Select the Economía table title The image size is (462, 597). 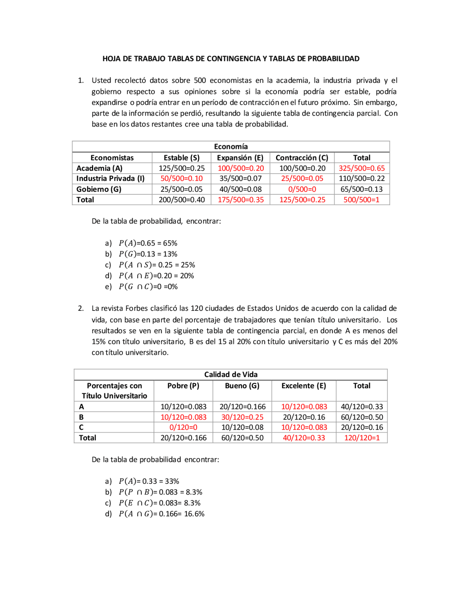click(x=231, y=146)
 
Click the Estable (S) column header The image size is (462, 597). click(x=182, y=158)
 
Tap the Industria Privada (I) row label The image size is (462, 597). click(x=110, y=178)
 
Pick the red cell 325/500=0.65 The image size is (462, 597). click(x=361, y=168)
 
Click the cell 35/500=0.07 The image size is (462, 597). click(x=240, y=178)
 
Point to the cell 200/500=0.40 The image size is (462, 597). click(x=182, y=200)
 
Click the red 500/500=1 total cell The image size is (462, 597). click(x=361, y=200)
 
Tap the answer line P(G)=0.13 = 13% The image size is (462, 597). click(x=148, y=254)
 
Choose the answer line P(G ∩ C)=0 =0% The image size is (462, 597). click(x=148, y=287)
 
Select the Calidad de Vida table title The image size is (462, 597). click(x=231, y=374)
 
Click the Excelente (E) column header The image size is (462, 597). click(x=304, y=386)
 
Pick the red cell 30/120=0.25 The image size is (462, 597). click(x=242, y=417)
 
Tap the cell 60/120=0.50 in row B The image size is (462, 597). click(x=362, y=417)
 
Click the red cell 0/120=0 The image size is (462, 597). click(x=183, y=427)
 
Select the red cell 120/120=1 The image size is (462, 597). click(x=362, y=438)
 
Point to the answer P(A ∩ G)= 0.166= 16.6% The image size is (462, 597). click(x=161, y=514)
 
